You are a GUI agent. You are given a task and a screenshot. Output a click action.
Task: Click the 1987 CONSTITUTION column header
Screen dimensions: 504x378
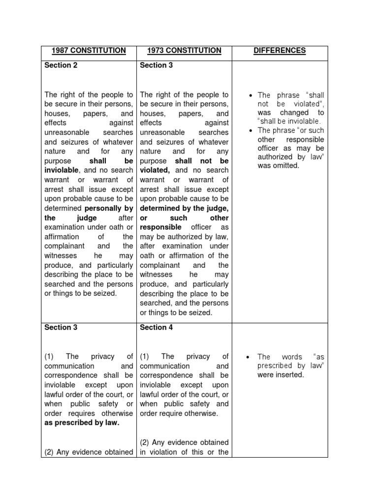(x=88, y=51)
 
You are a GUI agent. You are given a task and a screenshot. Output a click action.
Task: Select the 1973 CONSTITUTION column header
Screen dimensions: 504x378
(x=184, y=51)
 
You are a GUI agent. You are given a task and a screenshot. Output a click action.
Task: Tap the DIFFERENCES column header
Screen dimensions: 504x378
(x=280, y=51)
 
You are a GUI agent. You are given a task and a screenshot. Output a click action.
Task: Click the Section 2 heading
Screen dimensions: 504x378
(x=61, y=65)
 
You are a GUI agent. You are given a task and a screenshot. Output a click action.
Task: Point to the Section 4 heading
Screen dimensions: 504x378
(x=157, y=327)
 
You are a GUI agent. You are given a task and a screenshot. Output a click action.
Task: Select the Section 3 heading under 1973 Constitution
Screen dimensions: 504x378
(x=157, y=65)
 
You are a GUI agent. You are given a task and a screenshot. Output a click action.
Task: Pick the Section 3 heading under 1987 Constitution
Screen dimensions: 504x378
(x=61, y=327)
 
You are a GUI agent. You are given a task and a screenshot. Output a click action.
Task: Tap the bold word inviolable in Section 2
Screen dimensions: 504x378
(x=62, y=170)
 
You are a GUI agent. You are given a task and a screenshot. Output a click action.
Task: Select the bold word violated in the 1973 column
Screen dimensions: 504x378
(x=155, y=170)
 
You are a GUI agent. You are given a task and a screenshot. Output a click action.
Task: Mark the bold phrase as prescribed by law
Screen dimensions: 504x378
(x=82, y=423)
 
